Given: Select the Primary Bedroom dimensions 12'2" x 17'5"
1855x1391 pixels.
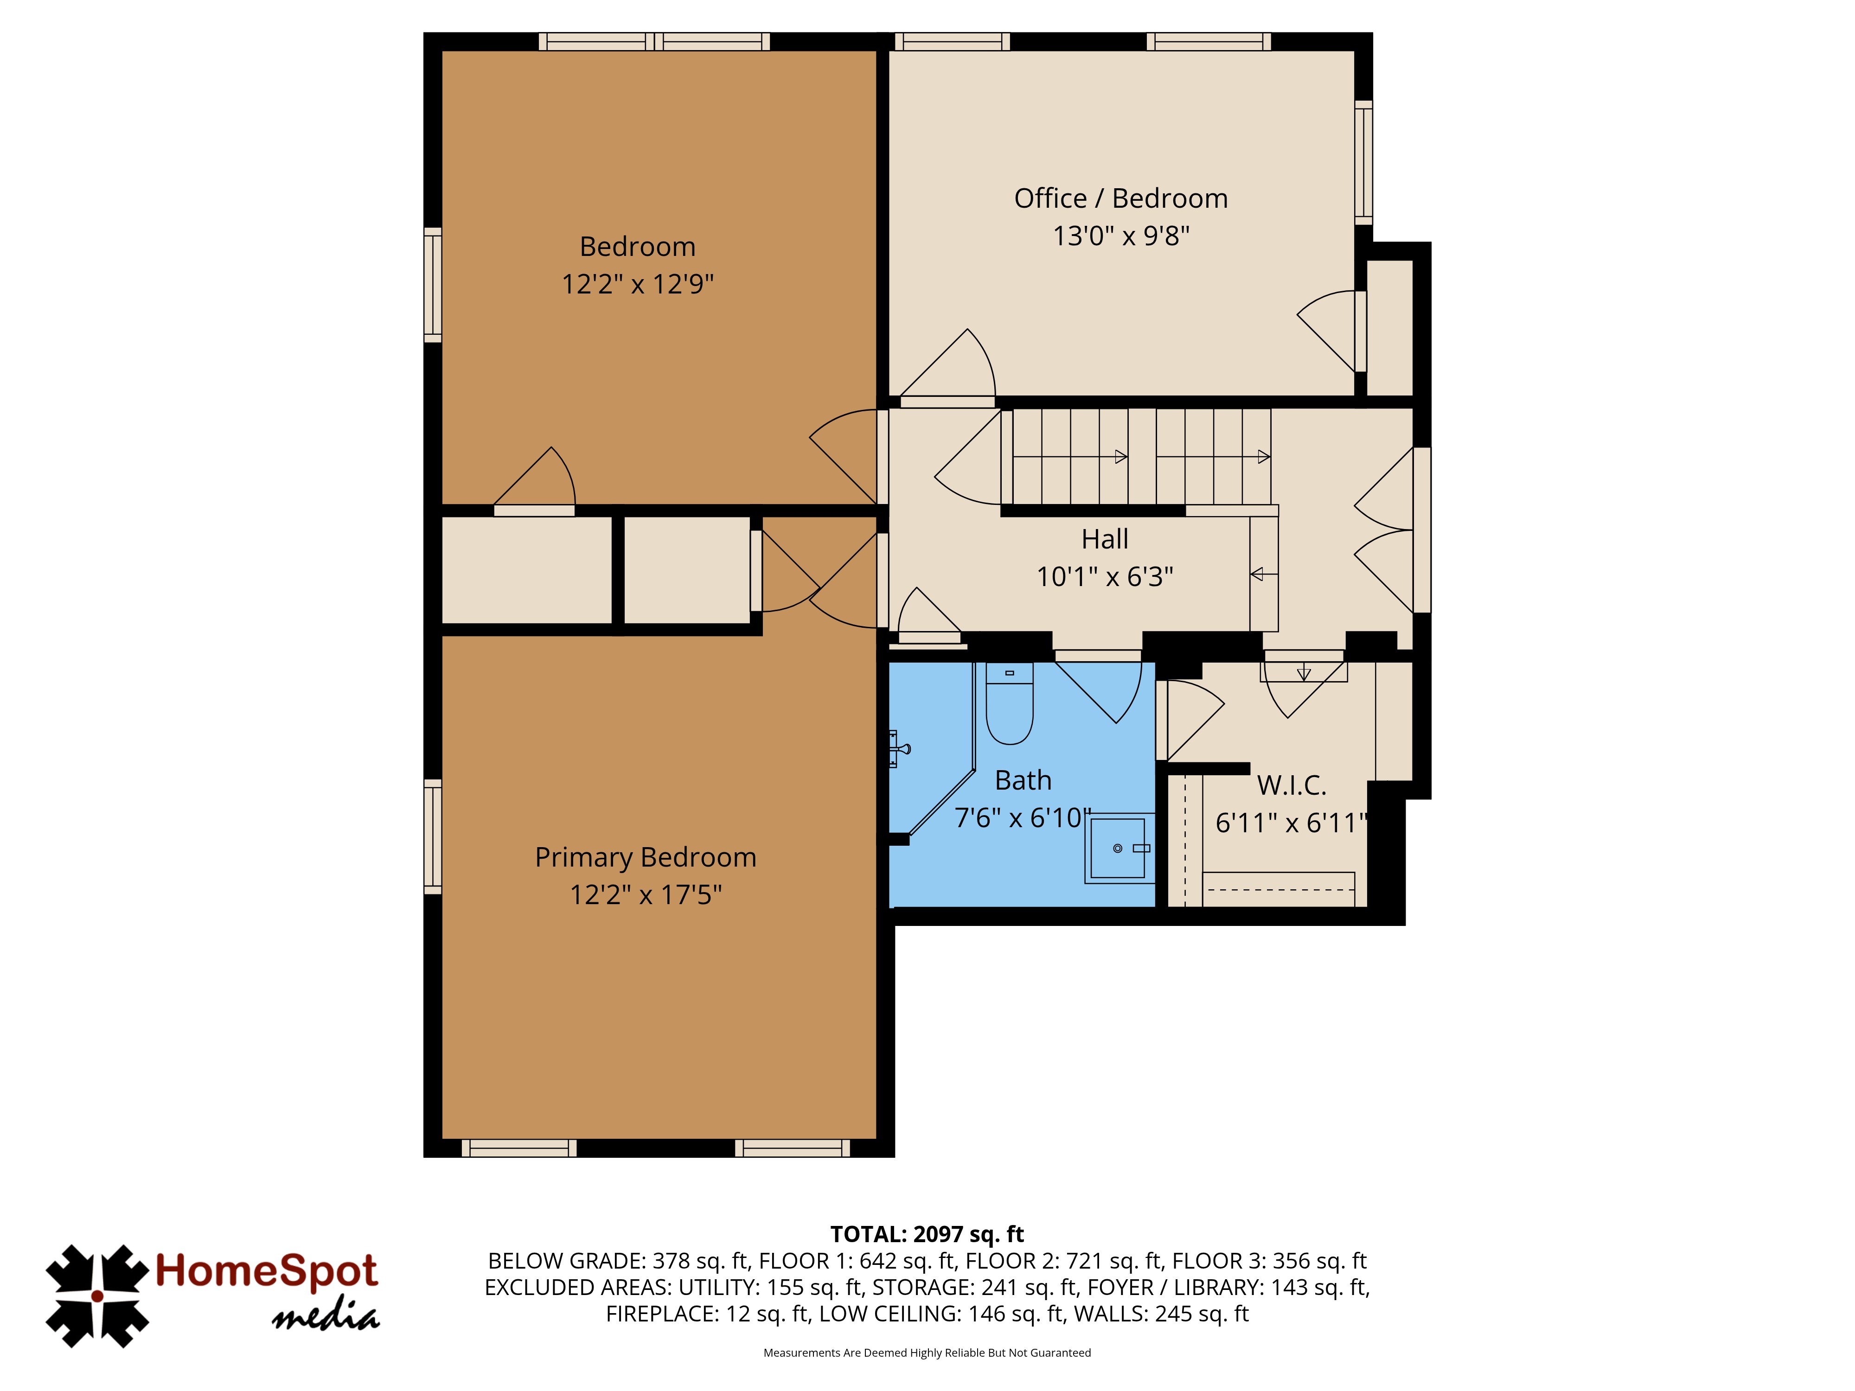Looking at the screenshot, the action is click(646, 894).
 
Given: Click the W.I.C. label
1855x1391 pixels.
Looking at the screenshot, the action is click(1292, 785).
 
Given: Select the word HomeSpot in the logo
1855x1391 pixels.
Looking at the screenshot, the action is click(267, 1271).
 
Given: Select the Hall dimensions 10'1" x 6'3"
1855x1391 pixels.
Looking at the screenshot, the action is click(1105, 577).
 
